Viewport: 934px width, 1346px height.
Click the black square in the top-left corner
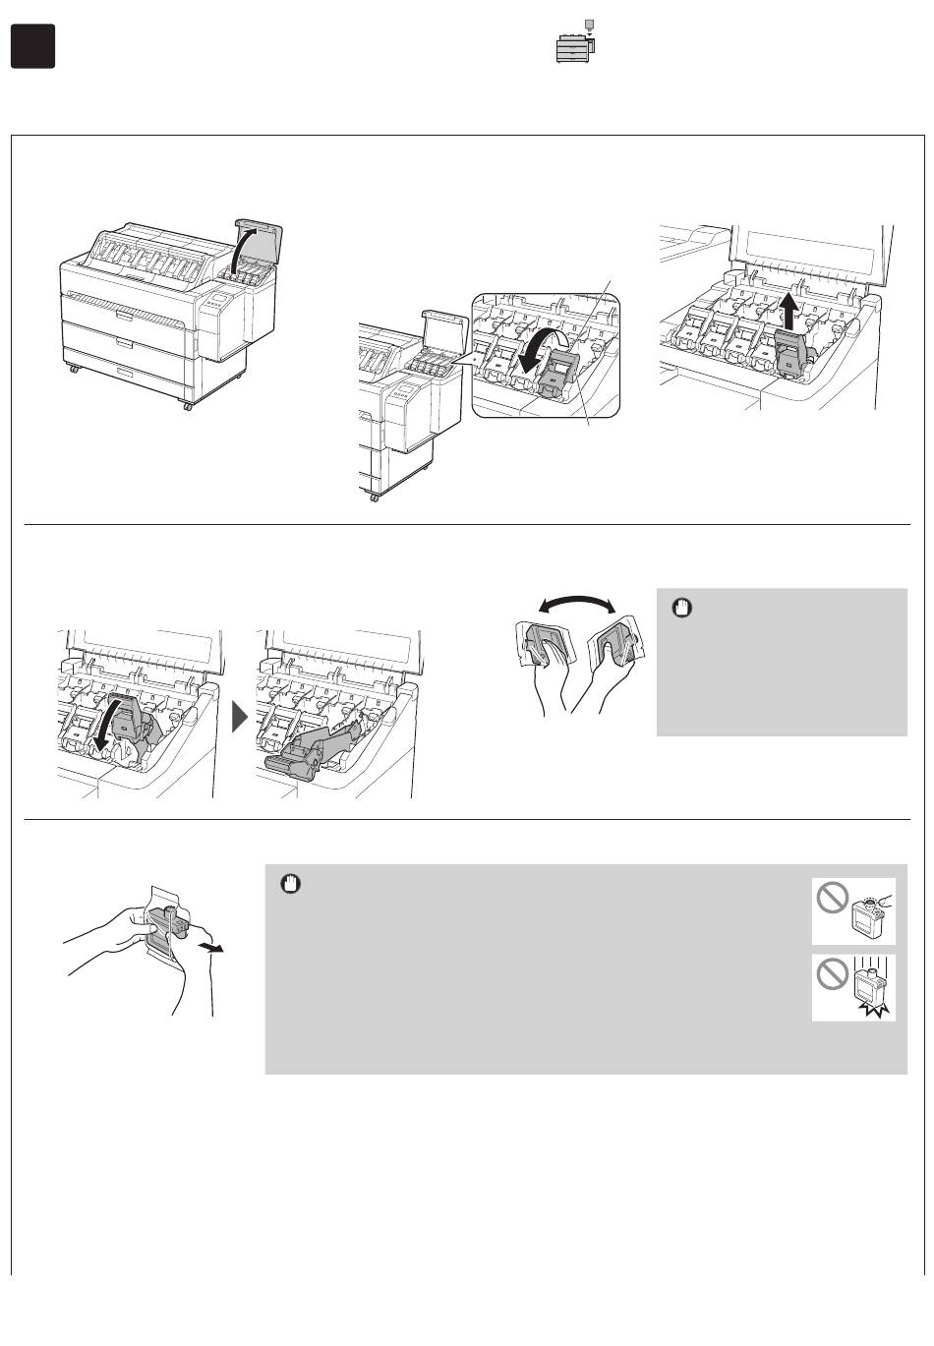32,46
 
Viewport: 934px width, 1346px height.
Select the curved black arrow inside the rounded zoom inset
538,351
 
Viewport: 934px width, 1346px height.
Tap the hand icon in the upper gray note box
679,608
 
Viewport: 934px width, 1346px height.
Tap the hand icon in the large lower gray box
288,883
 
